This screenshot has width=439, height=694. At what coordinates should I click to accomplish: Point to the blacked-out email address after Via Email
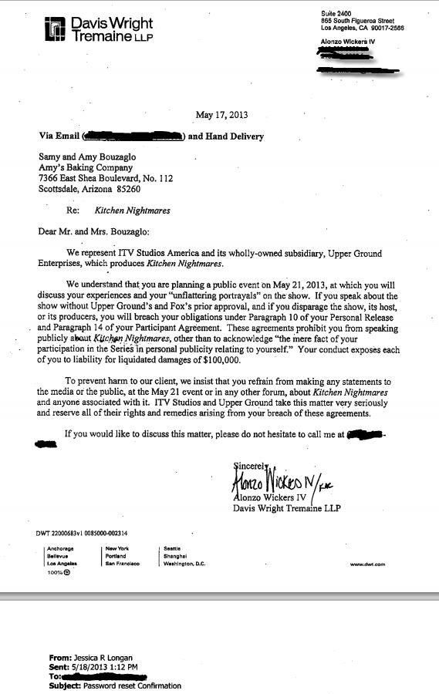pyautogui.click(x=133, y=136)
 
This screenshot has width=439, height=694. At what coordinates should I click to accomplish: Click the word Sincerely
pyautogui.click(x=251, y=465)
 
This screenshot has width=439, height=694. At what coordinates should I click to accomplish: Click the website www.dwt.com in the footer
pyautogui.click(x=367, y=564)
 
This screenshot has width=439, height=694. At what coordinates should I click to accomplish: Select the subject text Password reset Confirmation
pyautogui.click(x=132, y=685)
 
